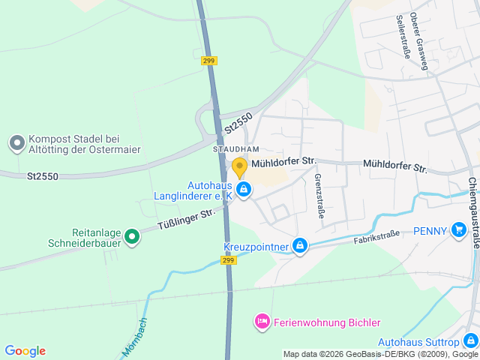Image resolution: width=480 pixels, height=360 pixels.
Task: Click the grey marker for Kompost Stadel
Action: pyautogui.click(x=16, y=142)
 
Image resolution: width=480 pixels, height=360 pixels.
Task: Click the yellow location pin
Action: pyautogui.click(x=239, y=166)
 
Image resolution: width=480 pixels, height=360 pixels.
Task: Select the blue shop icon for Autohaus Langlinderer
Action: pyautogui.click(x=243, y=190)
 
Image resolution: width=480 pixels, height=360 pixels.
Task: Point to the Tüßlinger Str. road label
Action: pyautogui.click(x=187, y=219)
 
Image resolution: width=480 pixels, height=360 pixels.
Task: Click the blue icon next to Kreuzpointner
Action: pyautogui.click(x=300, y=246)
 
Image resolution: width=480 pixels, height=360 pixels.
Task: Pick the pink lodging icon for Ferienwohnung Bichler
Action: pyautogui.click(x=262, y=322)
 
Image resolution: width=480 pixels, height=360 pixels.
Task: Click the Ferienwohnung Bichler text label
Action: pyautogui.click(x=327, y=322)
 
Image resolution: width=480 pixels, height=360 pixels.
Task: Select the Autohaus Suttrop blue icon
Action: pyautogui.click(x=471, y=340)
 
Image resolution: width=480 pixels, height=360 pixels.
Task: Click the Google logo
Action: pyautogui.click(x=25, y=351)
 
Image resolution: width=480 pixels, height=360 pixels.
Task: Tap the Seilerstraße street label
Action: pyautogui.click(x=403, y=35)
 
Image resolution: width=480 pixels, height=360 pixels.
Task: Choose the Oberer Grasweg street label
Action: pyautogui.click(x=420, y=43)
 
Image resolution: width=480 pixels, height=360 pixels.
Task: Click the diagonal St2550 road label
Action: pyautogui.click(x=238, y=123)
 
